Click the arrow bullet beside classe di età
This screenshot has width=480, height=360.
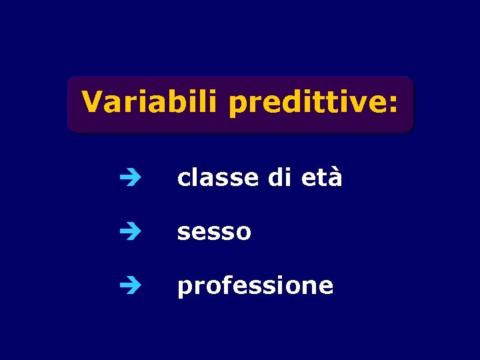tap(127, 178)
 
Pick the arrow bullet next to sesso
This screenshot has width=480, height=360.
tap(127, 231)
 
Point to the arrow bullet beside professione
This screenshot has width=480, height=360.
tap(127, 285)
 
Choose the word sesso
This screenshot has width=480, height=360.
tap(214, 232)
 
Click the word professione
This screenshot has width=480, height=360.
tap(255, 286)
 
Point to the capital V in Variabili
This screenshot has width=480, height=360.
tap(92, 103)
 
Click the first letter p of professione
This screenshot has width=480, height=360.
tap(183, 288)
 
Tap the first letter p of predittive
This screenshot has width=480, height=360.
tap(236, 107)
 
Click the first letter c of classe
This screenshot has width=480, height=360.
tap(183, 179)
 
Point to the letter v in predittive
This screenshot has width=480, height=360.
tap(361, 104)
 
